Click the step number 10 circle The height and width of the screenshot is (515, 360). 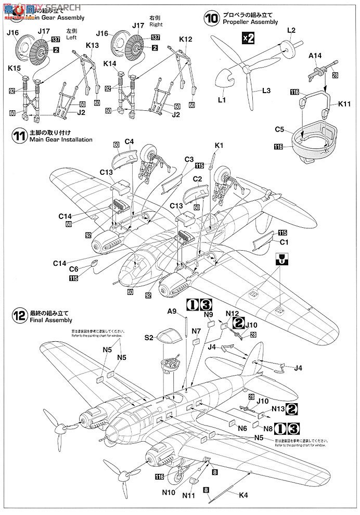pos(212,19)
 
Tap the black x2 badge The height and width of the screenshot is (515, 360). pos(248,37)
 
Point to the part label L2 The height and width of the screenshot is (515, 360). pos(291,31)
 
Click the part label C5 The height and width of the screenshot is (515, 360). pos(279,128)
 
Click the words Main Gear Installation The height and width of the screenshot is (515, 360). pos(61,139)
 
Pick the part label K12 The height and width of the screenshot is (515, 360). pos(186,39)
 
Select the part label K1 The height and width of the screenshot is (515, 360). pos(218,147)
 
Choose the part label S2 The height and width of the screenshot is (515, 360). pos(149,338)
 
